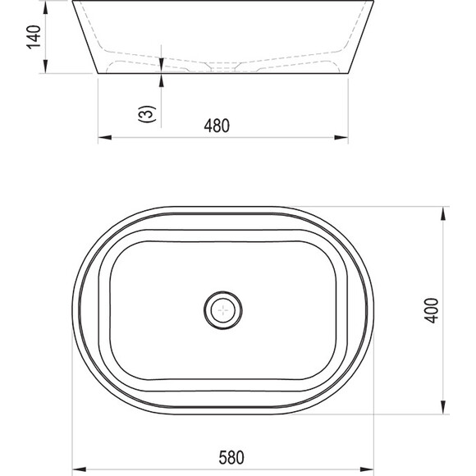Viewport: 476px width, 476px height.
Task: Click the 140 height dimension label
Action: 34,37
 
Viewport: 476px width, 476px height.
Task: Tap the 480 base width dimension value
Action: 217,126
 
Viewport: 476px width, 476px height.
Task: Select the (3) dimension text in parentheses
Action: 147,114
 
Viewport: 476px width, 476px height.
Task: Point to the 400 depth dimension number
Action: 432,310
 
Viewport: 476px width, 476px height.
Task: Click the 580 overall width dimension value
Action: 231,457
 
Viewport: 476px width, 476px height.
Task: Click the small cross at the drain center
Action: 223,310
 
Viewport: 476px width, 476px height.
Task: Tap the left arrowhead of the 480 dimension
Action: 105,138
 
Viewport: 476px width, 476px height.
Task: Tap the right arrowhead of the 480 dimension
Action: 341,138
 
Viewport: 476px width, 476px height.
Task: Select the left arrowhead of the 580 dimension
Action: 80,470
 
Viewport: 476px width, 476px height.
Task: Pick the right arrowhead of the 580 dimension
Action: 367,470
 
